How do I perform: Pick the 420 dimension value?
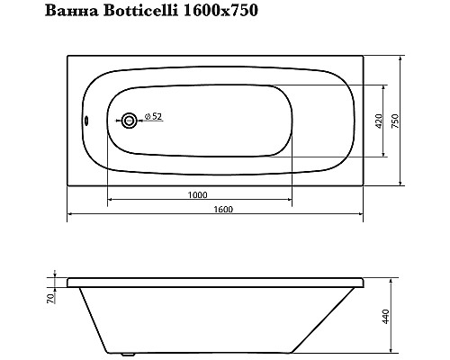pos(382,120)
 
